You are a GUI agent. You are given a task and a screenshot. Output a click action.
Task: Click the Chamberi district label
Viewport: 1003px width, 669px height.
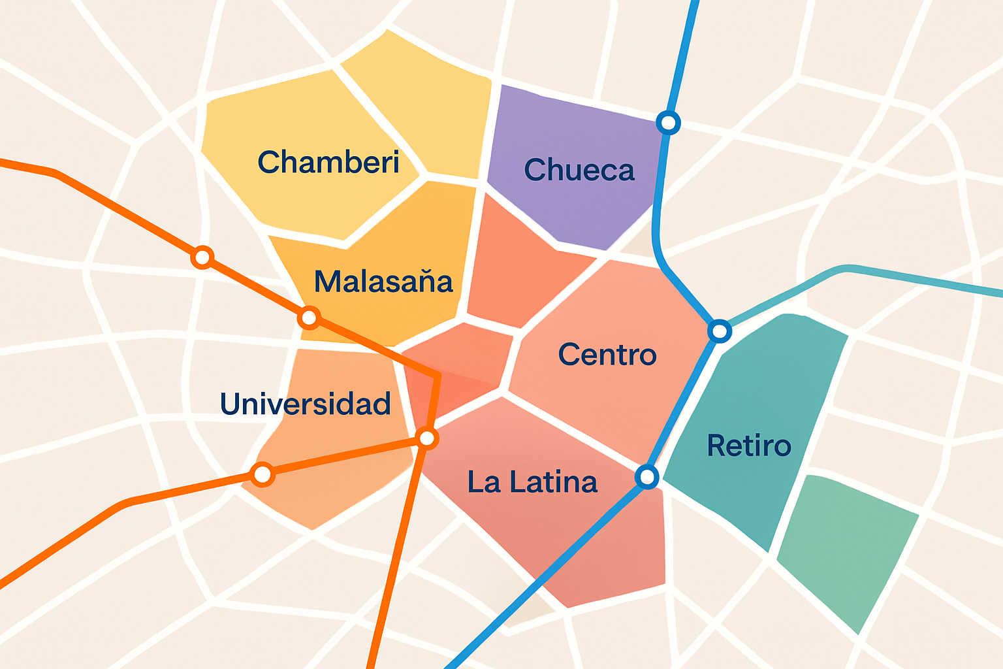click(x=328, y=162)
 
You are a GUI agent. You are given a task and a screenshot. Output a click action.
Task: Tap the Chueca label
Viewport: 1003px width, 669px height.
click(x=579, y=171)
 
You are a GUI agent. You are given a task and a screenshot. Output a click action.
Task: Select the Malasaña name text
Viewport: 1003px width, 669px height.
click(x=383, y=282)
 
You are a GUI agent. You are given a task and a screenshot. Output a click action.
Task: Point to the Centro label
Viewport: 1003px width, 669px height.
click(x=607, y=355)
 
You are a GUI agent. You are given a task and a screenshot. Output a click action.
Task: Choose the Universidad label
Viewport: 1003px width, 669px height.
click(x=306, y=404)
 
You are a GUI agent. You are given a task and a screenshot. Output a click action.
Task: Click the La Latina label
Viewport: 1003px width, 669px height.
click(x=532, y=482)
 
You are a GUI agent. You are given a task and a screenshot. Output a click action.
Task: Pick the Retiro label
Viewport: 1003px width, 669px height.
click(x=749, y=446)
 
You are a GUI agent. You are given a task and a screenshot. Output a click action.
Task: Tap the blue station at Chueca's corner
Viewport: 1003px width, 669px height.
click(x=668, y=122)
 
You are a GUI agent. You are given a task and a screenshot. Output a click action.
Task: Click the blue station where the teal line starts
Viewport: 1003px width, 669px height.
click(x=720, y=331)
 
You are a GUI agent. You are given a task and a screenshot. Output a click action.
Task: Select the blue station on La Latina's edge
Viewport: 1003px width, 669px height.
click(x=647, y=476)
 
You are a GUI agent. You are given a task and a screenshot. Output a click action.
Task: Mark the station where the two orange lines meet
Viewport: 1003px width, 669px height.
click(x=426, y=438)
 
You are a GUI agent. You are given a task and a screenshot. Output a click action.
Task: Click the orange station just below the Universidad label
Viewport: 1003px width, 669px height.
click(x=263, y=474)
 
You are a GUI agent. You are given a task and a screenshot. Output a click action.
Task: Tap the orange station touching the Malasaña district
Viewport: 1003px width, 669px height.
click(x=309, y=318)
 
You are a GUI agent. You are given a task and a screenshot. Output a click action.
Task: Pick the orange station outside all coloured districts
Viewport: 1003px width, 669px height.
click(x=203, y=257)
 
